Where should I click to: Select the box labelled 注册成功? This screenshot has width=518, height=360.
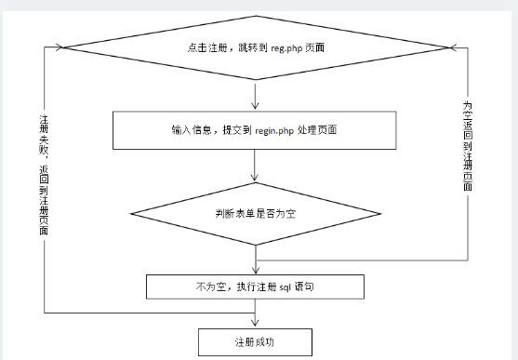(253, 341)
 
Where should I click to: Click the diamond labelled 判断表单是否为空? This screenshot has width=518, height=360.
(254, 211)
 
